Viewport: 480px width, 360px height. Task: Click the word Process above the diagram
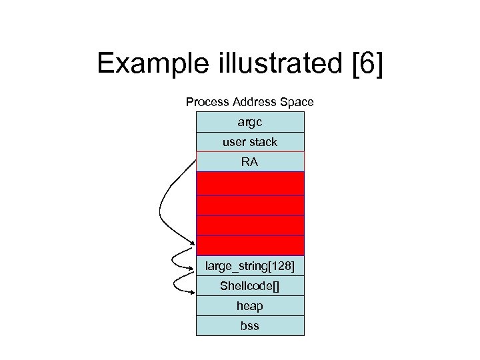(x=207, y=102)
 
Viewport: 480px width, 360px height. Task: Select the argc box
(x=250, y=122)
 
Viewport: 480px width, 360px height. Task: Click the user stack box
(x=250, y=142)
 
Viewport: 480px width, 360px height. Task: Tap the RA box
(x=250, y=162)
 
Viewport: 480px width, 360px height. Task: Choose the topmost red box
(x=250, y=183)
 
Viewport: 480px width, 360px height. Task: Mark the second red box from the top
(x=250, y=205)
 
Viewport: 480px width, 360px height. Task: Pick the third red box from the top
(x=250, y=225)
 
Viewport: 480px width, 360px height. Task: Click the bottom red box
(x=250, y=245)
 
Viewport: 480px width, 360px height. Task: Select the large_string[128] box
(x=250, y=267)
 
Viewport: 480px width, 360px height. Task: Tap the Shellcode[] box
(x=250, y=286)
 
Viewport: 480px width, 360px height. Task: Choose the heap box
(x=250, y=306)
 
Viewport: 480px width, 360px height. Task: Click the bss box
(x=250, y=326)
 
